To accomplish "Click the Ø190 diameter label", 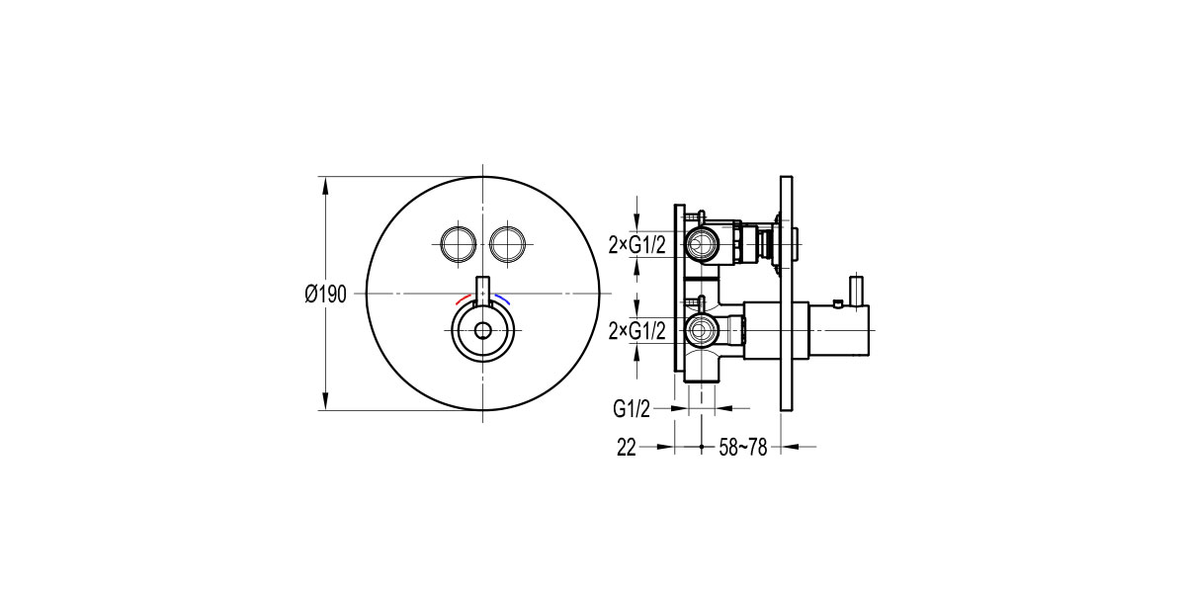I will coord(325,295).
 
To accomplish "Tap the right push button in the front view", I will coord(507,243).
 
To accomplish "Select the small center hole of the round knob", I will coord(482,331).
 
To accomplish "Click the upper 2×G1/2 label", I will coord(636,243).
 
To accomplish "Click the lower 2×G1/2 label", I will coord(636,330).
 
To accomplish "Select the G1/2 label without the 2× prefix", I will coord(633,407).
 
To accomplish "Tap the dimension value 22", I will coord(626,448).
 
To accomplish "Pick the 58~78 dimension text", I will coord(743,448).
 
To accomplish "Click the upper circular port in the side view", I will coord(703,242).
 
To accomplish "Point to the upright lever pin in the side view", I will coord(856,291).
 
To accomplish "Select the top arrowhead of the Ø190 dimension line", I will coord(325,184).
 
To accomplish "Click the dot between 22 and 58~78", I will coord(702,448).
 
